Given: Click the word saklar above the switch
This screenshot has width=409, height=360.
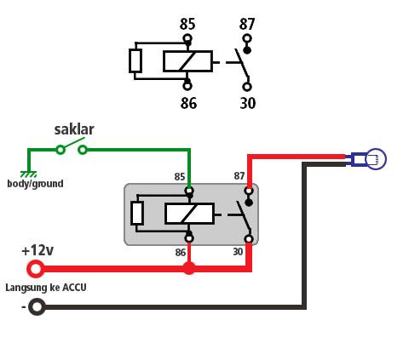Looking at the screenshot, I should tap(74, 129).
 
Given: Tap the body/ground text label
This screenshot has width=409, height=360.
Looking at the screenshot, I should tap(35, 184).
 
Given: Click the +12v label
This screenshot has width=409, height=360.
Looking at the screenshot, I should tap(37, 250).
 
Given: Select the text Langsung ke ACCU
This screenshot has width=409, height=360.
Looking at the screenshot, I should tap(45, 288).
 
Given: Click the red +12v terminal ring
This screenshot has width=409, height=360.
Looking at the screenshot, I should tap(35, 269).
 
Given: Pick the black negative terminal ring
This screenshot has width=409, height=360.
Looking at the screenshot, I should tap(37, 306).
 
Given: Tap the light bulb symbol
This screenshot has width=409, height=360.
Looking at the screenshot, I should tap(375, 158).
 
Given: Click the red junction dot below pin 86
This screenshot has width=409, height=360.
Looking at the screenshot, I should tap(189, 268).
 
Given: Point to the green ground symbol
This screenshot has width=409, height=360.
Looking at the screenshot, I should tap(29, 174).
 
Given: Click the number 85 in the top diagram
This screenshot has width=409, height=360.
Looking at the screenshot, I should tap(188, 24).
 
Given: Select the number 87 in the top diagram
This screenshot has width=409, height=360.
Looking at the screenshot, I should tap(247, 24).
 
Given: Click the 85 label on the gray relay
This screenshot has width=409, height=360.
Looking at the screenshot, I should tap(180, 177).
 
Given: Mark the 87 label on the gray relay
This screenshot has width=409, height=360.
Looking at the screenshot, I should tap(239, 176).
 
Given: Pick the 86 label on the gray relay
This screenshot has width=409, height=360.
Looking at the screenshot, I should tap(180, 252).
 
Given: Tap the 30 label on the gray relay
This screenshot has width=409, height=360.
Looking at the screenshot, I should tap(239, 252).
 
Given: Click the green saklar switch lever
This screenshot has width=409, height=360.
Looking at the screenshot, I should tap(72, 144).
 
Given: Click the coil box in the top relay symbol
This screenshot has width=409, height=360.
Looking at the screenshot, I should tap(187, 61).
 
